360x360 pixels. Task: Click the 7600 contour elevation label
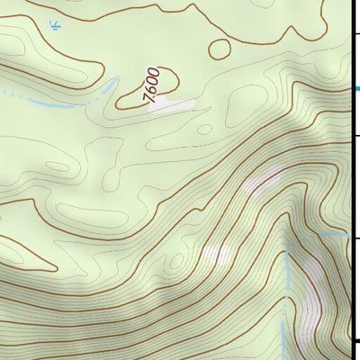(153, 85)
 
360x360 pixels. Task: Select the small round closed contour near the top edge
(220, 48)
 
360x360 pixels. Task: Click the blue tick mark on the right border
(356, 88)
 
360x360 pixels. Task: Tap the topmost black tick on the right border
(355, 33)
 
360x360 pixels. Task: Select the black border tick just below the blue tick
(355, 136)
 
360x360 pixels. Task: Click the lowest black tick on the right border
(355, 340)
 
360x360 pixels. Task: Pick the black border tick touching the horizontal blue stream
(355, 238)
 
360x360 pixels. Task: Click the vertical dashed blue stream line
(286, 297)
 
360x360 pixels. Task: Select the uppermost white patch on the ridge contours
(263, 184)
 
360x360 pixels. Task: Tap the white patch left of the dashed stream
(216, 255)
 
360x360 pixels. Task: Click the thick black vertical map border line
(352, 180)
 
